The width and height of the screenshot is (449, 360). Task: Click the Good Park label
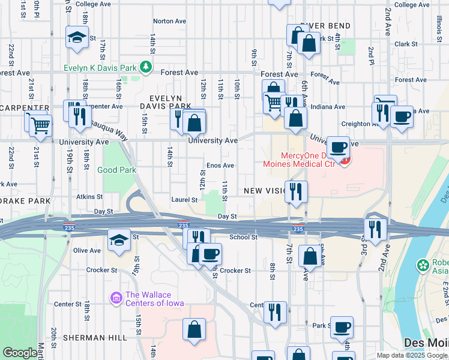coord(116,170)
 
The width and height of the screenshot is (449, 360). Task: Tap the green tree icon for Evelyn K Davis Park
coord(145,65)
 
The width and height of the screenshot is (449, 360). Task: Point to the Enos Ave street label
coord(220,165)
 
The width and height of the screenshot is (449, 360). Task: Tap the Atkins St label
coord(91,196)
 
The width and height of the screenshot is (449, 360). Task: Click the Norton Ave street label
coord(170,21)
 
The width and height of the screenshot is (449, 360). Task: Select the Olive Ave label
coord(86,250)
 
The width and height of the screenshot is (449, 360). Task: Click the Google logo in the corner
coord(20,353)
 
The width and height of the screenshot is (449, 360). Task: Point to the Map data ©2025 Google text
coord(412,355)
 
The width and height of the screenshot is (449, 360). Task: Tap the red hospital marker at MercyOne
coord(345,160)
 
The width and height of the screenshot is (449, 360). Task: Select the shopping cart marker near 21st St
coord(41,125)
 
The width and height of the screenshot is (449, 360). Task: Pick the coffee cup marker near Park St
coord(342,327)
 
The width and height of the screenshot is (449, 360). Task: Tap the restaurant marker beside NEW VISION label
coord(296,191)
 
